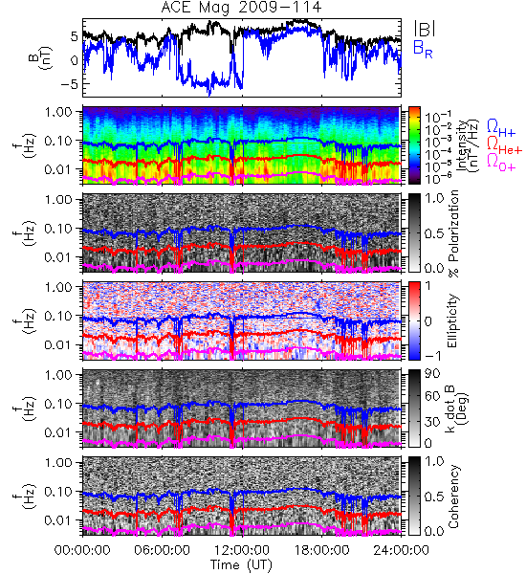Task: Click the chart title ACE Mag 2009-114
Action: [x=241, y=8]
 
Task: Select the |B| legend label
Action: [x=425, y=29]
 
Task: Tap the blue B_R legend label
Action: [x=423, y=49]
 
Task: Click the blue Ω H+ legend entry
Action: [x=501, y=128]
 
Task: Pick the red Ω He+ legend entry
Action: [x=504, y=145]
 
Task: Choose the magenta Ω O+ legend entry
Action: [x=501, y=163]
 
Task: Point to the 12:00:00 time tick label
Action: [x=242, y=550]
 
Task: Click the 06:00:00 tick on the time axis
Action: [x=163, y=550]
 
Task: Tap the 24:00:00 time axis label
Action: [x=401, y=550]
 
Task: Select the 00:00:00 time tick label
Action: [x=82, y=550]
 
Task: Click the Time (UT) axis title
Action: [x=241, y=565]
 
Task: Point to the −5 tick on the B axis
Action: [x=70, y=84]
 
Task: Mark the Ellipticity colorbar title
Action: [x=452, y=320]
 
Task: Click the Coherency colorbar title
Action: [x=453, y=497]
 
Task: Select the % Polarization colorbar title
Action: [x=454, y=233]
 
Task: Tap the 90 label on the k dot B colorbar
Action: [x=432, y=374]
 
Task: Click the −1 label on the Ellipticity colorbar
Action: [x=432, y=356]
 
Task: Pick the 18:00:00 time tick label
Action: [x=321, y=550]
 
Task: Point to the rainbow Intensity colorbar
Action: [x=414, y=145]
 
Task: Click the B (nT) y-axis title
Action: [x=42, y=57]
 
